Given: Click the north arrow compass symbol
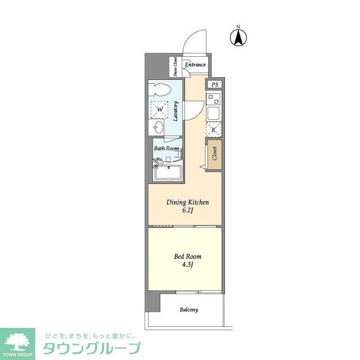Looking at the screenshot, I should (238, 37).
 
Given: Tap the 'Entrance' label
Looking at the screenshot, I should (195, 65).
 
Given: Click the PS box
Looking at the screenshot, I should (214, 85).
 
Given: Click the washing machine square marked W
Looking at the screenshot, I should (159, 109).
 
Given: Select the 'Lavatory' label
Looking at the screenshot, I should (176, 111).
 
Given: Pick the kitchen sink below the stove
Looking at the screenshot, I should (214, 113).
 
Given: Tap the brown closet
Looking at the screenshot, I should (214, 153).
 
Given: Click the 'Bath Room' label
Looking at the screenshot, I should (166, 148).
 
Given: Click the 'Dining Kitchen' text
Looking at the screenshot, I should (187, 202).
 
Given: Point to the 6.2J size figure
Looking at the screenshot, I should (187, 211).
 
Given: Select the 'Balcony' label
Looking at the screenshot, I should (189, 310).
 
